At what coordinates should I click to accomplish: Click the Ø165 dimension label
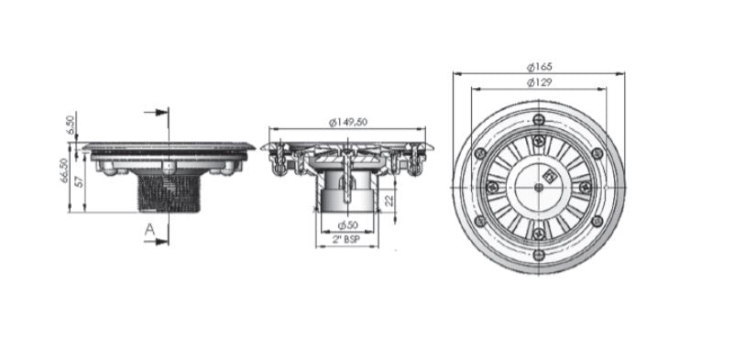click(539, 67)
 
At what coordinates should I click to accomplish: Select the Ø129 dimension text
click(539, 82)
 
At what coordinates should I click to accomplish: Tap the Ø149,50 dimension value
click(348, 122)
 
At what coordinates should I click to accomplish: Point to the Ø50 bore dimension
click(348, 225)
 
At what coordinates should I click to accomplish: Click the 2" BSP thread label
click(347, 240)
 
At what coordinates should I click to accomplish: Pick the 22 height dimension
click(389, 201)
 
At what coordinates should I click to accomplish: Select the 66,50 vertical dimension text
click(64, 170)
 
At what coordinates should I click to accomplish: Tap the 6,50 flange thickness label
click(71, 125)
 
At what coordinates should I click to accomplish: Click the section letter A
click(149, 230)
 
